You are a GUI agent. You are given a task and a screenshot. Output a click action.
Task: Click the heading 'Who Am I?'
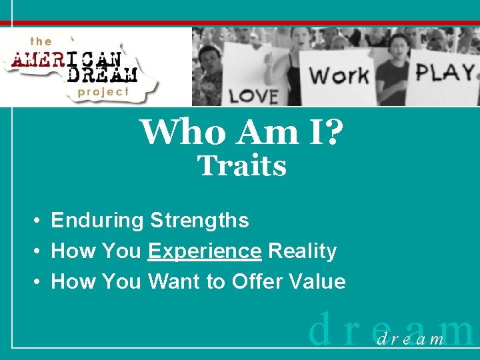point(242,132)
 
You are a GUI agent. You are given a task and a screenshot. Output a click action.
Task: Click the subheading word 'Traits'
point(242,166)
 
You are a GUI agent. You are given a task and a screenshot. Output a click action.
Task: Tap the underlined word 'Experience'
point(205,251)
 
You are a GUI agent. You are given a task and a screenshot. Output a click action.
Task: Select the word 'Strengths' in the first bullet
point(199,221)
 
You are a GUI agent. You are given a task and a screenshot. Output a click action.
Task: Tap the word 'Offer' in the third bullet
point(253,282)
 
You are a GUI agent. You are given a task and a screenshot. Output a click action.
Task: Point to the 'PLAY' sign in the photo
point(445,72)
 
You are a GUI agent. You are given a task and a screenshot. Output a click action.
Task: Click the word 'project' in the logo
point(103,91)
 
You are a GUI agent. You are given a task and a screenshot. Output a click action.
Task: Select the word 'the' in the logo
point(41,41)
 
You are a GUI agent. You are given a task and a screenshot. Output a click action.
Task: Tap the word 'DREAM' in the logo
point(103,73)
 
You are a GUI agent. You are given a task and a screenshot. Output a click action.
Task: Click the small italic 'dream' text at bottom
point(410,340)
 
